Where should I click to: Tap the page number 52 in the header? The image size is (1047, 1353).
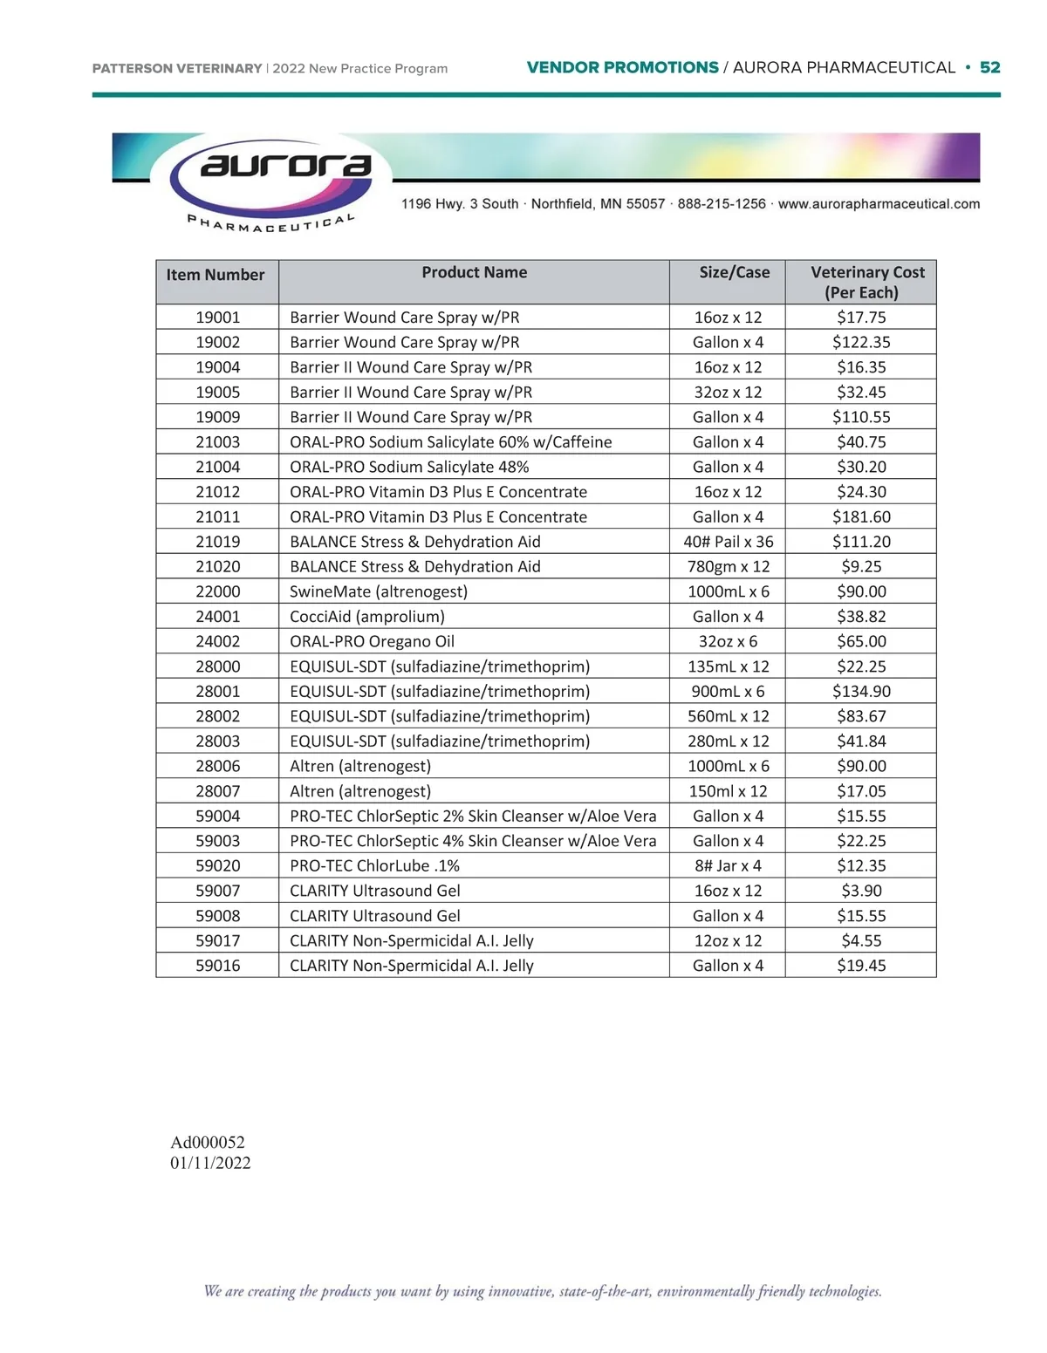989,68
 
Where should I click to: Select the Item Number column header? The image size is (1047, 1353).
216,275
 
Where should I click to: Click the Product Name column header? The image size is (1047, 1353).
474,273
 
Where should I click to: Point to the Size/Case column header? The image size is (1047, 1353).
734,273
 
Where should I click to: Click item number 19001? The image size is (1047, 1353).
217,318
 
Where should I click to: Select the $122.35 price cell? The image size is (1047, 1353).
861,343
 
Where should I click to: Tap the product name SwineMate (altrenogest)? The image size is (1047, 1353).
379,591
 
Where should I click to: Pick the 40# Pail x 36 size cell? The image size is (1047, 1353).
728,542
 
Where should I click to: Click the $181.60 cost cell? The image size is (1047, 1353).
861,517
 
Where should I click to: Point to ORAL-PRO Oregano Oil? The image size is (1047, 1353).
372,642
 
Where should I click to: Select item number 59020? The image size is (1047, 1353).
217,866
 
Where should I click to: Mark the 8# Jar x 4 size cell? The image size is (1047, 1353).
728,866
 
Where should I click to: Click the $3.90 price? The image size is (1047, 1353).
861,891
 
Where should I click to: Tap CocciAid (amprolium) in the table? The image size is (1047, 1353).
366,617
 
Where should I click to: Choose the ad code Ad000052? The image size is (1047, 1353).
208,1143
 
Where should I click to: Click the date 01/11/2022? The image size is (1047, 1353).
210,1164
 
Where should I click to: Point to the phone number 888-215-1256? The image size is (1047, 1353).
722,204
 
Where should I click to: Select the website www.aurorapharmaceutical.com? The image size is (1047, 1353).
879,204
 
